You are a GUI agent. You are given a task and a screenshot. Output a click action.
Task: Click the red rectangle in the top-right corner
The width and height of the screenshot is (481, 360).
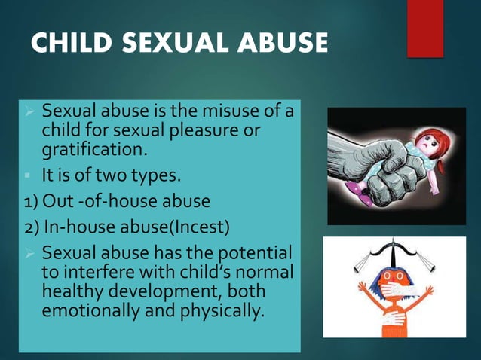tap(424, 28)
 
